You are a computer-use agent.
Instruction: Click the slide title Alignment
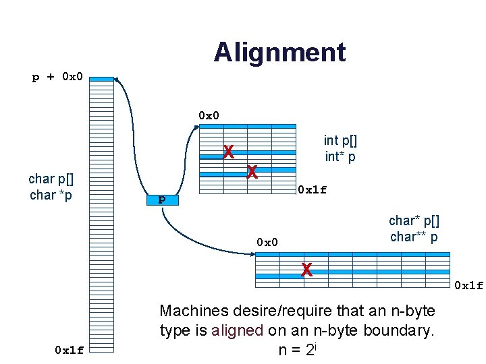click(x=279, y=52)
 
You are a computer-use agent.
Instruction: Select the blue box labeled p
click(x=161, y=200)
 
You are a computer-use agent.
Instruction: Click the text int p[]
click(x=340, y=141)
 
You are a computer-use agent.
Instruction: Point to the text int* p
click(x=340, y=157)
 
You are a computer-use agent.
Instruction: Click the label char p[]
click(x=51, y=179)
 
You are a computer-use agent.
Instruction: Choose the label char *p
click(x=51, y=195)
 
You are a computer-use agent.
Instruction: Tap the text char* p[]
click(x=413, y=220)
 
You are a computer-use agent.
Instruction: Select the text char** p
click(x=414, y=237)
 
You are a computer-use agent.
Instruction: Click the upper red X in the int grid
click(x=229, y=152)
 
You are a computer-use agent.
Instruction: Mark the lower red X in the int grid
click(x=252, y=173)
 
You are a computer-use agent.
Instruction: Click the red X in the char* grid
click(x=306, y=270)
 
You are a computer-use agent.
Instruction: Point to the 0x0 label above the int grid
click(x=209, y=115)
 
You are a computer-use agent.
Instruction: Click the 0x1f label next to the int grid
click(x=313, y=189)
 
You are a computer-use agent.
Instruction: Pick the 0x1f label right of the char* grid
click(x=468, y=285)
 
